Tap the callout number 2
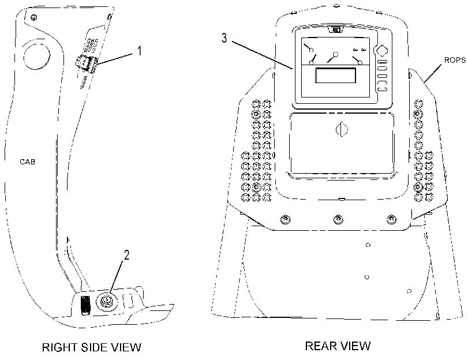(126, 255)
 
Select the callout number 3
(224, 38)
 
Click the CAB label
(28, 162)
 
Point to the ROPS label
(455, 60)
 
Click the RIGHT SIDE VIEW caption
(92, 347)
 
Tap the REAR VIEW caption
(338, 346)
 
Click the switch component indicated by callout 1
(85, 63)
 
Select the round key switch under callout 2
(107, 301)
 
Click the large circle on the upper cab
(36, 54)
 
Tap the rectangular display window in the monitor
(336, 75)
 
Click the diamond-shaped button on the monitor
(382, 51)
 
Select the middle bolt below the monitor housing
(338, 220)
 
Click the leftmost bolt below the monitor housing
(286, 220)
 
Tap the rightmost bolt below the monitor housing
(391, 220)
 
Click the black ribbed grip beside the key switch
(85, 305)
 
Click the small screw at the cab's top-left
(34, 18)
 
